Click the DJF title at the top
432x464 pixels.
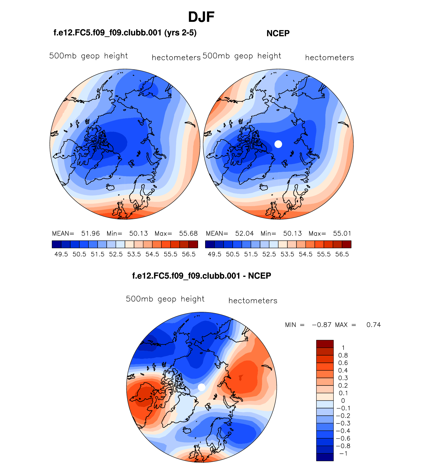[201, 17]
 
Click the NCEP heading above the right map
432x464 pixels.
[278, 33]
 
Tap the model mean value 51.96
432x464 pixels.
[90, 233]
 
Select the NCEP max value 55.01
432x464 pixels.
[342, 233]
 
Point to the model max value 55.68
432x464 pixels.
[188, 233]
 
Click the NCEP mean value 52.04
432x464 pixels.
[244, 233]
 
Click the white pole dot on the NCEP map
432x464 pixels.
[278, 144]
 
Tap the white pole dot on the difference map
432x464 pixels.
[202, 387]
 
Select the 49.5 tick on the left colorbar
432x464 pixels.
[61, 254]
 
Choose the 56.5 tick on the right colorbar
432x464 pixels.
[342, 254]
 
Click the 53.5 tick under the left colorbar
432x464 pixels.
[134, 254]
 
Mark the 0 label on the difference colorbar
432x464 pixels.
[343, 401]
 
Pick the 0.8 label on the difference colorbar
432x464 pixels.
[343, 355]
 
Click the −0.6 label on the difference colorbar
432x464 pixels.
[343, 438]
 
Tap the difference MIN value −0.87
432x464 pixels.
[321, 325]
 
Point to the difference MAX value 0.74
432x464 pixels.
[373, 325]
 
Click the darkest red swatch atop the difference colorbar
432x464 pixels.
[325, 344]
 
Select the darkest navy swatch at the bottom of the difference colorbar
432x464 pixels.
[325, 457]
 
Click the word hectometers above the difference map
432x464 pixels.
[253, 301]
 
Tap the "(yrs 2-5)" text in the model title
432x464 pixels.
[180, 33]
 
